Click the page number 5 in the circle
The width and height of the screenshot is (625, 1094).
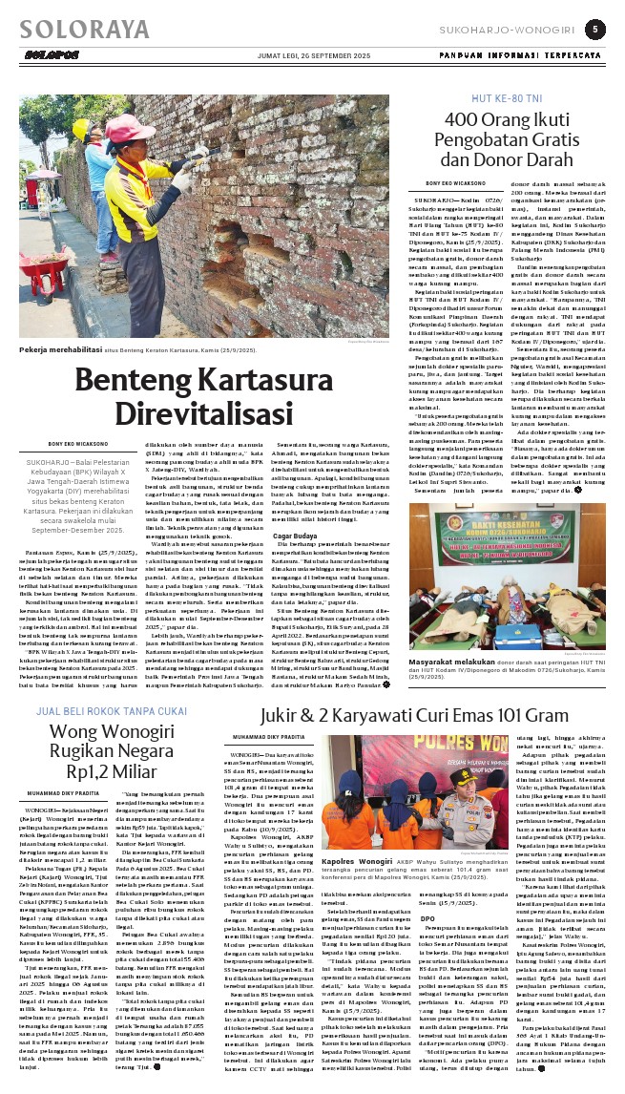(594, 30)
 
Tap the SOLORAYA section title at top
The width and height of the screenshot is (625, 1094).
(73, 29)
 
